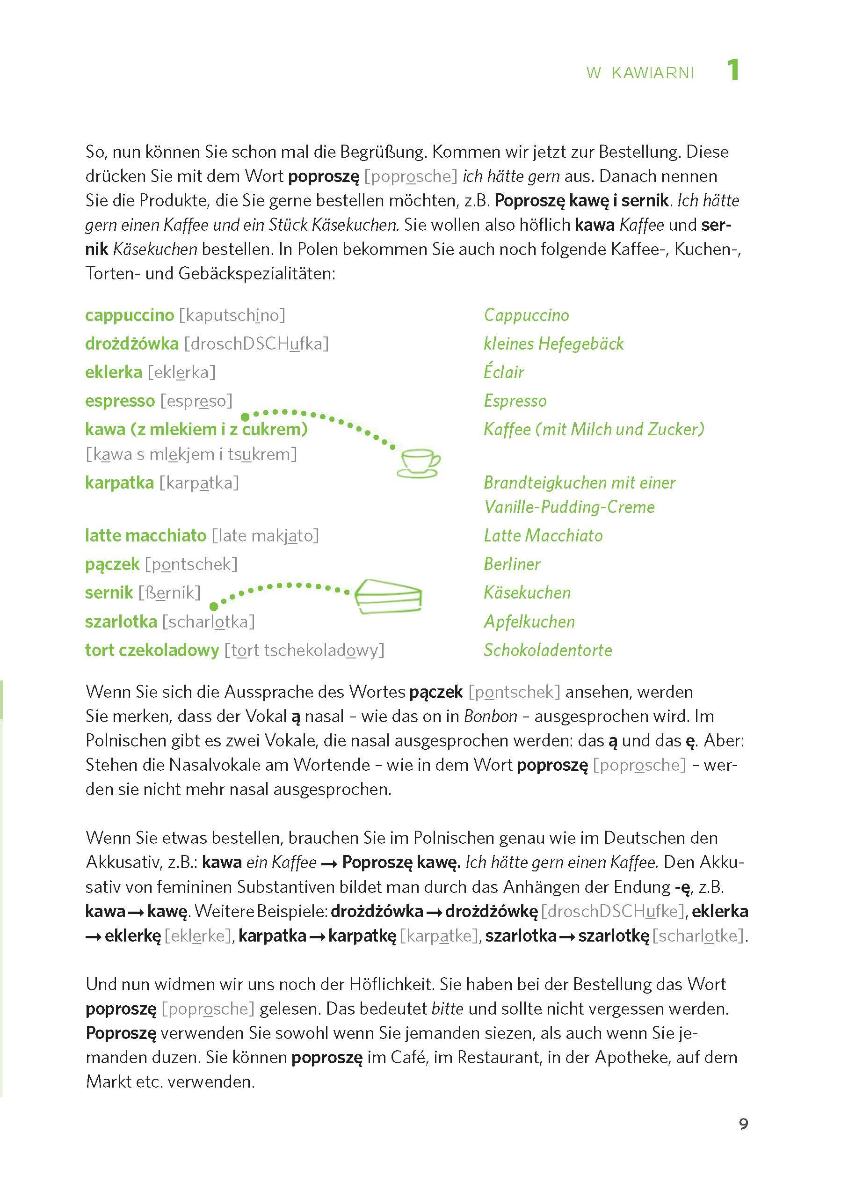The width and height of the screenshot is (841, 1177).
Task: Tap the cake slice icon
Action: pos(388,596)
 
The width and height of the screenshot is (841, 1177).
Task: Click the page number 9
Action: pos(743,1124)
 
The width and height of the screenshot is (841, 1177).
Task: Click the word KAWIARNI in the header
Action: pos(652,73)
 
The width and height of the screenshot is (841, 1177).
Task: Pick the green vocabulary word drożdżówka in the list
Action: pos(131,344)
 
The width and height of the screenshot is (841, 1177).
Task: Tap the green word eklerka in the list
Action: pos(113,372)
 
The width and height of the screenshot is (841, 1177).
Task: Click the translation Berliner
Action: pos(512,563)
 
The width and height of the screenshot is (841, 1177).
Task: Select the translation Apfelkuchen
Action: pos(529,621)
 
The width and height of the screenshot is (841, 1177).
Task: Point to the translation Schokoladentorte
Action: pos(547,650)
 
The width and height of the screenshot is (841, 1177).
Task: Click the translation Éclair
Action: pos(503,372)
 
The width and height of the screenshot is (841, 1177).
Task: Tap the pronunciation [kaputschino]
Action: pos(232,315)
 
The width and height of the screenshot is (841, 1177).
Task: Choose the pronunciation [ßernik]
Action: pos(169,592)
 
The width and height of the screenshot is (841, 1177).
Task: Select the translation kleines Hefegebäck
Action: pos(554,344)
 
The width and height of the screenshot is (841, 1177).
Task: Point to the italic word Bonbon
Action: pos(490,716)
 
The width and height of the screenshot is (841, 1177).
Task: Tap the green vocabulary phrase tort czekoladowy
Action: pos(152,650)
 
